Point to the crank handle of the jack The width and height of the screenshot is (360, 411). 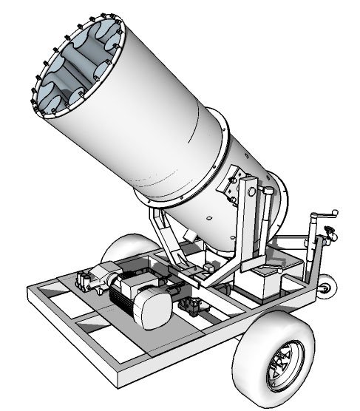pyautogui.click(x=322, y=216)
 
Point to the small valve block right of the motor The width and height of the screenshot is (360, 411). pyautogui.click(x=194, y=305)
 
